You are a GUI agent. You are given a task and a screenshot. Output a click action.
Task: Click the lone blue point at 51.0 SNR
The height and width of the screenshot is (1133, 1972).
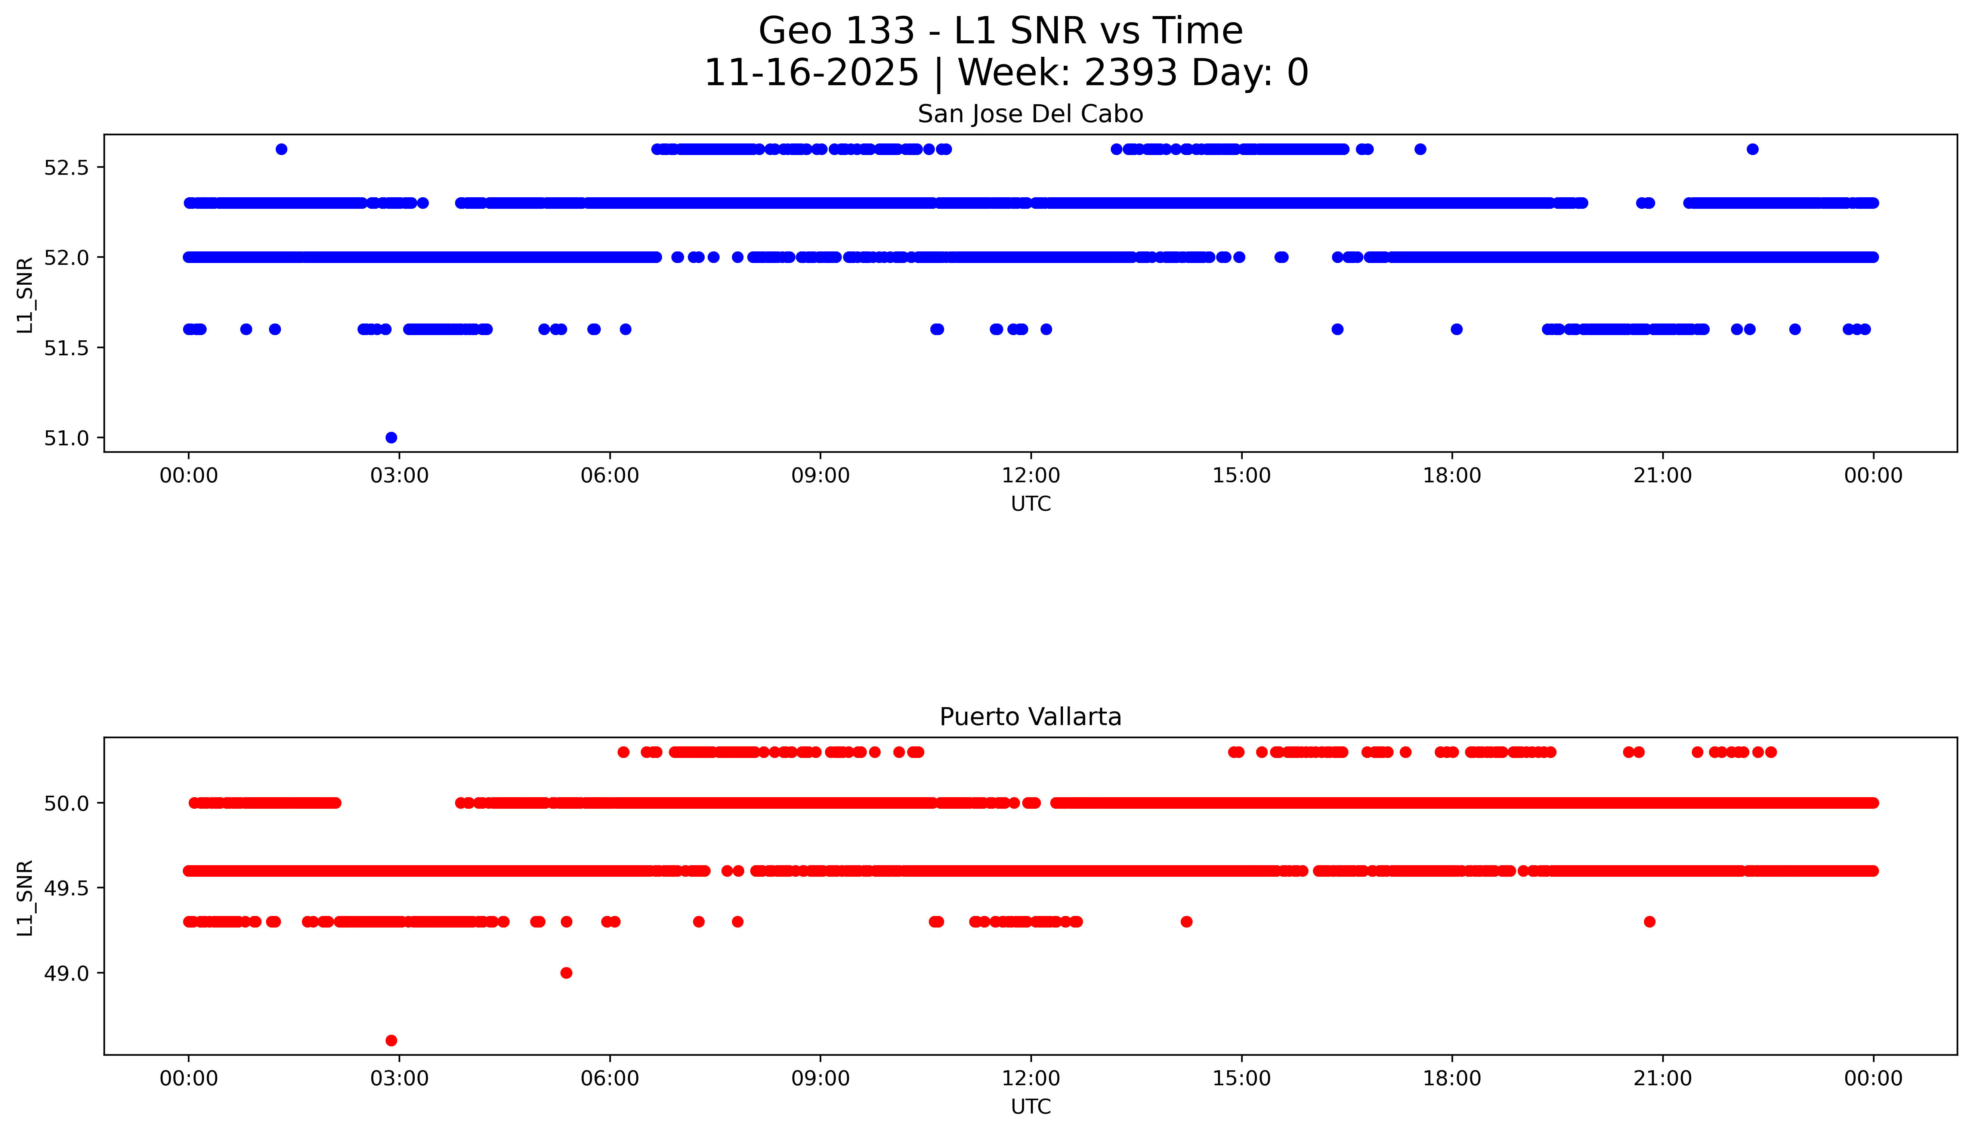[392, 437]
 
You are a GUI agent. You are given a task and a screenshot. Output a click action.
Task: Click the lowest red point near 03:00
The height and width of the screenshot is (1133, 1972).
[392, 1040]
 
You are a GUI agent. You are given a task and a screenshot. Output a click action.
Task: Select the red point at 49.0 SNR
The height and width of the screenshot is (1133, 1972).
[566, 973]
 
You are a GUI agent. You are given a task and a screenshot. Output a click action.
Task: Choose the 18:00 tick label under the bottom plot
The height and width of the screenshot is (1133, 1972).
[1452, 1078]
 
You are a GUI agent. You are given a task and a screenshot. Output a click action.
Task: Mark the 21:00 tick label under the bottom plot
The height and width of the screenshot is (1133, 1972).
[1663, 1078]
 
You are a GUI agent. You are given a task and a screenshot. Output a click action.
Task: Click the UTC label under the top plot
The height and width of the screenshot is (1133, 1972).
[1030, 504]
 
